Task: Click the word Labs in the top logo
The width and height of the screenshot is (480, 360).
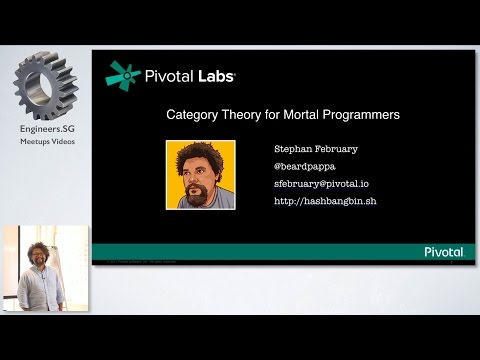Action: [222, 75]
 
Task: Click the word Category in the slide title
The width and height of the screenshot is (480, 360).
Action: [192, 115]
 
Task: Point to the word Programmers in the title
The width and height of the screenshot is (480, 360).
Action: [361, 115]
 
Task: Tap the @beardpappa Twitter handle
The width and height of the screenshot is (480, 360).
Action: [304, 165]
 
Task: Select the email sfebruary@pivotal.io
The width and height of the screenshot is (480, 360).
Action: [322, 183]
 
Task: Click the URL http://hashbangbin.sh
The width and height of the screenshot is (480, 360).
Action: [324, 201]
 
